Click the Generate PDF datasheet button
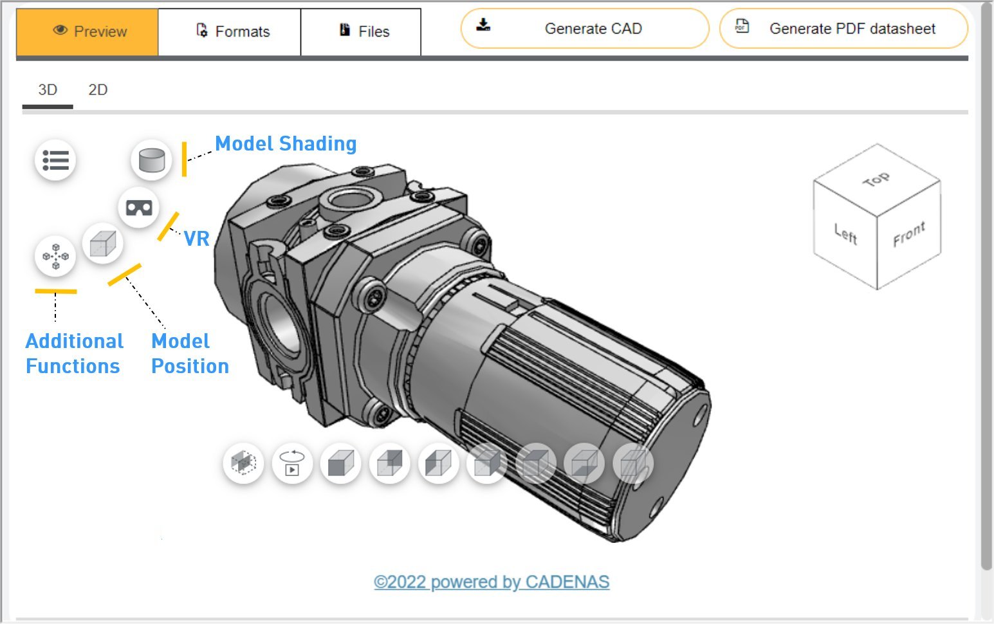pyautogui.click(x=843, y=29)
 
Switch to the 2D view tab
pyautogui.click(x=98, y=90)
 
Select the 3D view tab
pyautogui.click(x=48, y=90)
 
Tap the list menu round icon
pyautogui.click(x=55, y=160)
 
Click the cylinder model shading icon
pyautogui.click(x=152, y=160)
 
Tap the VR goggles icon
pyautogui.click(x=139, y=208)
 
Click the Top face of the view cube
pyautogui.click(x=876, y=179)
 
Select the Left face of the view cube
pyautogui.click(x=845, y=235)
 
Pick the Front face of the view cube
pyautogui.click(x=908, y=235)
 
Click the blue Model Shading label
pyautogui.click(x=286, y=144)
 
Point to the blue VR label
pyautogui.click(x=197, y=239)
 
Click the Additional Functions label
pyautogui.click(x=74, y=354)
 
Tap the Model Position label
pyautogui.click(x=190, y=354)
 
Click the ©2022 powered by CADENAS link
pyautogui.click(x=492, y=582)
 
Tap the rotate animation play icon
pyautogui.click(x=292, y=463)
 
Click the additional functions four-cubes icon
pyautogui.click(x=55, y=256)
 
